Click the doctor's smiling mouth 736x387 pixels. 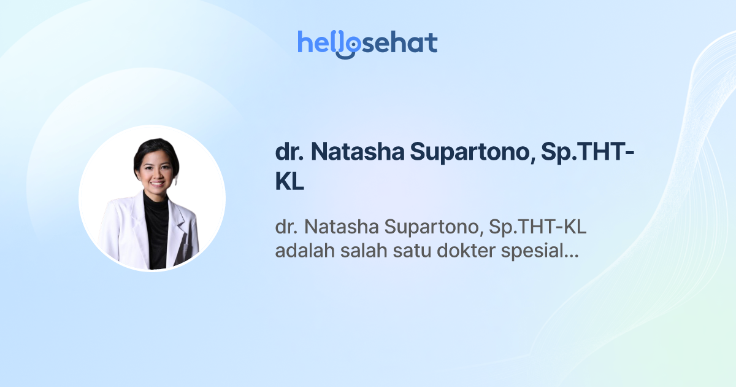pos(156,183)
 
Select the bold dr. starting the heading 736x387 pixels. pos(290,153)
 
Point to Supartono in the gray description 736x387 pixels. pos(430,228)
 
